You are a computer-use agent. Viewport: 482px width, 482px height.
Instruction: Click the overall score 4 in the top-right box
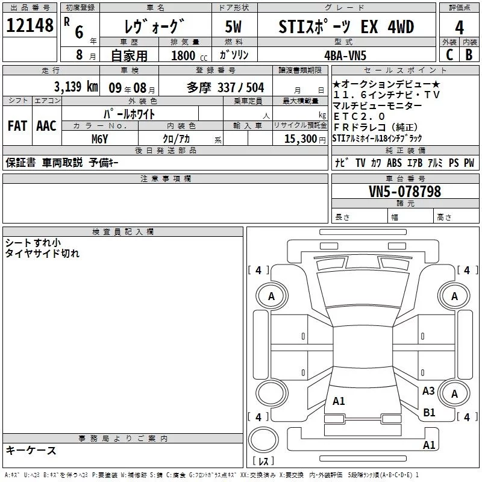coord(459,27)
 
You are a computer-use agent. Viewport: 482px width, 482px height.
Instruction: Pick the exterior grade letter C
coord(449,54)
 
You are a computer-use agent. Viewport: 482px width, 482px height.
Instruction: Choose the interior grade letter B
coord(469,54)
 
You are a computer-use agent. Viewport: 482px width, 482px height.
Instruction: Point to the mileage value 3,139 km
coord(75,86)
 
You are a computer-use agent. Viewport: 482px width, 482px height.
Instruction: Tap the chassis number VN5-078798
coord(405,192)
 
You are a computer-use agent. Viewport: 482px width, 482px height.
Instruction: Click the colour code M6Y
coord(99,139)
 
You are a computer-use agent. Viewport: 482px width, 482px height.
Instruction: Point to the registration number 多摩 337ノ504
coord(225,86)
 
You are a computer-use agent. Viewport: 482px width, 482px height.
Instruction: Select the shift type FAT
coord(17,126)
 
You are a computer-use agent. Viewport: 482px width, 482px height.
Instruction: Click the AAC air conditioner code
coord(46,126)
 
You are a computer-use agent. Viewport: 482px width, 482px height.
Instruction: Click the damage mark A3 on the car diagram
coord(428,391)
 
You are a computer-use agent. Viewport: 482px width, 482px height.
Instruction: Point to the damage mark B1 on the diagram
coord(429,413)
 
